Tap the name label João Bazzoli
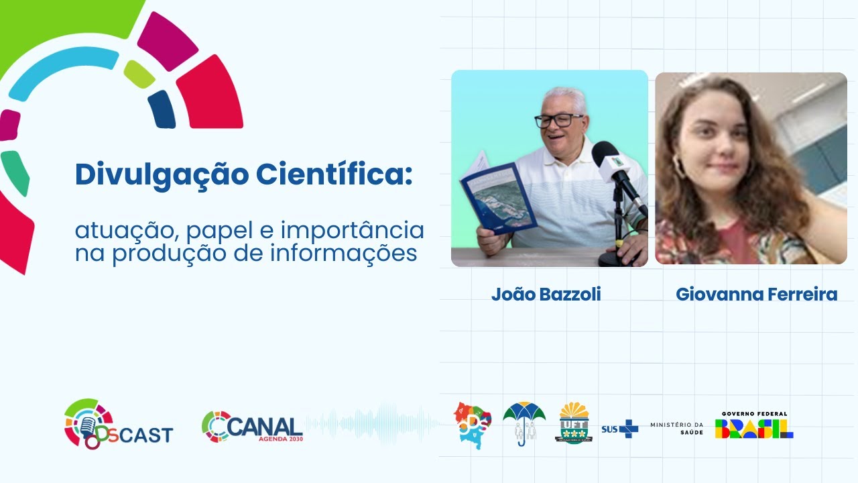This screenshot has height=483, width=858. click(546, 294)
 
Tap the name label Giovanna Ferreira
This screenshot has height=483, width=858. click(756, 294)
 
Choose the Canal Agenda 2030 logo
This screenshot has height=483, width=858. click(252, 427)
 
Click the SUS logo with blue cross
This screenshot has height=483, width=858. click(620, 429)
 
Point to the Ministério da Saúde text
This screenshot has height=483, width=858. click(676, 429)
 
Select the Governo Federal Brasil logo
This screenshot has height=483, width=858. click(754, 425)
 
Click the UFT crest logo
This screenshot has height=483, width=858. click(573, 423)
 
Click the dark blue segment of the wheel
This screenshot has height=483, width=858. click(162, 109)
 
